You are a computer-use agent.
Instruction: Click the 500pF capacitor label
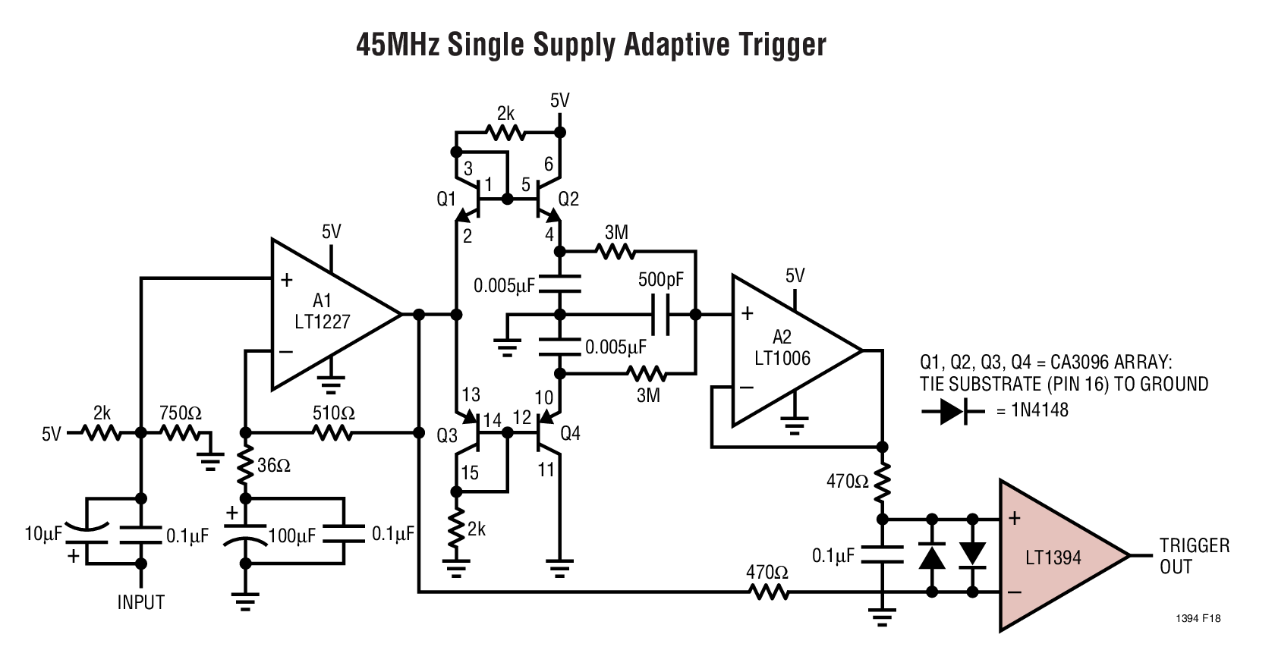tap(660, 279)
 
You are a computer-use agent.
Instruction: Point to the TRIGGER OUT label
tap(1194, 556)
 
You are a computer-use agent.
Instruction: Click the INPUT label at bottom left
tap(140, 602)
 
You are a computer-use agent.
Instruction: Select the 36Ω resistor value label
tap(274, 466)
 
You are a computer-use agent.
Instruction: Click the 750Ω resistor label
tap(180, 413)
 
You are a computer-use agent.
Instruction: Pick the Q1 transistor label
tap(446, 199)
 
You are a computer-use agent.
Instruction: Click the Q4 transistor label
tap(569, 433)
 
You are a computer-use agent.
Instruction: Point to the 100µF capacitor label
tap(292, 536)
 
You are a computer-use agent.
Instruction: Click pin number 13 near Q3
tap(471, 394)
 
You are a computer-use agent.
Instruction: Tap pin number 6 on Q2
tap(548, 165)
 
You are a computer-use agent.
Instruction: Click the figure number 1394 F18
tap(1198, 619)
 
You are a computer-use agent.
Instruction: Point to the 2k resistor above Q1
tap(505, 133)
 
